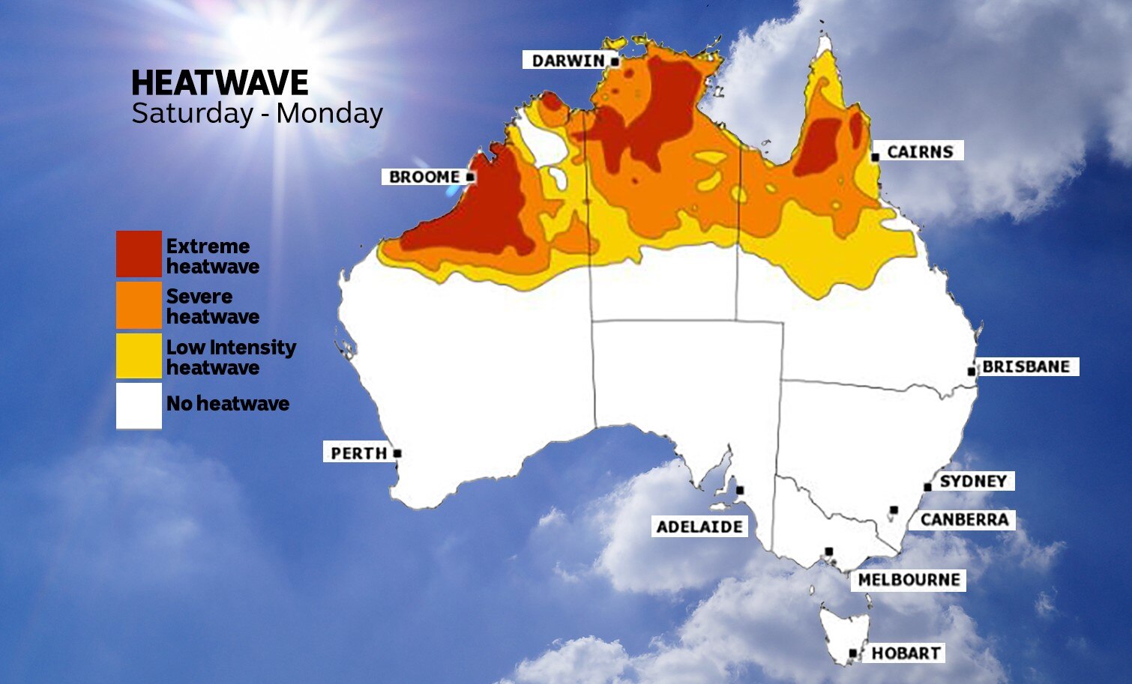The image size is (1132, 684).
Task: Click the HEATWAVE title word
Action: coord(220,82)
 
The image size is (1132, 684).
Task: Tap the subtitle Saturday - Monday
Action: coord(257,113)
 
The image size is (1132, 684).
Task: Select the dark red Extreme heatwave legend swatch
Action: coord(139,254)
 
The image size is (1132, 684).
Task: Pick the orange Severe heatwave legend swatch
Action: coord(139,305)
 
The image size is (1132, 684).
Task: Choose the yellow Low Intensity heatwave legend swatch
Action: coord(139,356)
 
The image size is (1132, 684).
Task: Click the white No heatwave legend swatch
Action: coord(139,405)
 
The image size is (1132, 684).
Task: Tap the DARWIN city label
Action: coord(567,61)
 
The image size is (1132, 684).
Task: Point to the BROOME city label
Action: coord(424,177)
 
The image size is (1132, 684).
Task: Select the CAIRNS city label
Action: coord(920,151)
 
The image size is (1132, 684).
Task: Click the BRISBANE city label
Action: coord(1026,366)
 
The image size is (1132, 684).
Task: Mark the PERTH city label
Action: coord(358,453)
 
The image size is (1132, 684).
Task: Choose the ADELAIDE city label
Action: coord(699,527)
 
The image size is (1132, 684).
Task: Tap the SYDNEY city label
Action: coord(973,481)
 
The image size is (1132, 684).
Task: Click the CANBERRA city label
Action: coord(964,519)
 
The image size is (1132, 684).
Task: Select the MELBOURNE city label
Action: coord(909,580)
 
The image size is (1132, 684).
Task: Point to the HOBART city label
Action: coord(905,653)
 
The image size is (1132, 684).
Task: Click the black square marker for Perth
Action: coord(397,453)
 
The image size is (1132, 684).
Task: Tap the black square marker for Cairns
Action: coord(875,157)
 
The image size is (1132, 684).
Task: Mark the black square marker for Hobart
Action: coord(852,653)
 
